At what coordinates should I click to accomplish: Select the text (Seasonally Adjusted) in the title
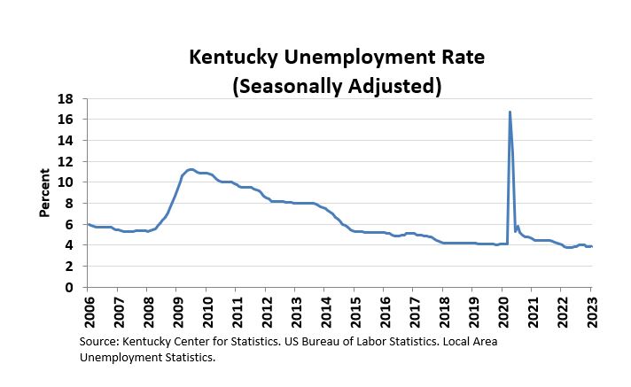coord(336,86)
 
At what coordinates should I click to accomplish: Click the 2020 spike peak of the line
coord(510,112)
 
